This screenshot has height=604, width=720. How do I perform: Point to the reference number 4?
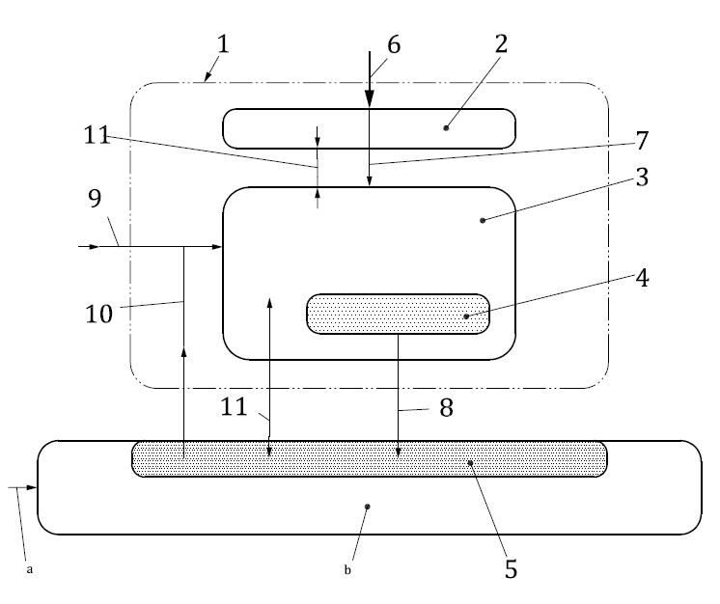(x=642, y=279)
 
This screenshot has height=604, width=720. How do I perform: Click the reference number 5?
(x=511, y=568)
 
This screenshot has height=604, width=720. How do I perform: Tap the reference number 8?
(x=445, y=409)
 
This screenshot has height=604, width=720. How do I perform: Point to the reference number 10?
(x=99, y=313)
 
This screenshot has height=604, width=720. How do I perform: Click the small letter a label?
(x=30, y=569)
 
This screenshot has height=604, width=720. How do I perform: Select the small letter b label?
(x=348, y=569)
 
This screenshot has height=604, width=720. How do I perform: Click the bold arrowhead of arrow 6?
(x=369, y=99)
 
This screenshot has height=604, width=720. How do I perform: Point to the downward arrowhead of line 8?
(x=399, y=451)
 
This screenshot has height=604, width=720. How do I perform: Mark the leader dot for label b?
(x=368, y=504)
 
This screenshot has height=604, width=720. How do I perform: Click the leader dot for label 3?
(x=482, y=220)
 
